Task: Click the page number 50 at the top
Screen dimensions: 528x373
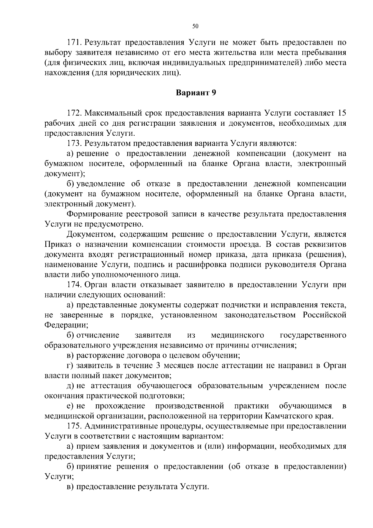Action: click(x=195, y=26)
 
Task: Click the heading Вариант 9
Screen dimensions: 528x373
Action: click(x=196, y=93)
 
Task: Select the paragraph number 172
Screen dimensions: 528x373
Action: click(x=74, y=112)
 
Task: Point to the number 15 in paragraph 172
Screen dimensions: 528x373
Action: click(x=342, y=112)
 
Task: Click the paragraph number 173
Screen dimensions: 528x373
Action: click(x=74, y=143)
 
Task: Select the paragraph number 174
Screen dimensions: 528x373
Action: click(x=74, y=285)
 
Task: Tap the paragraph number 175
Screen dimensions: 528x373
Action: click(x=74, y=426)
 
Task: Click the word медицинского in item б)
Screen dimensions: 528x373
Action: click(x=237, y=335)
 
